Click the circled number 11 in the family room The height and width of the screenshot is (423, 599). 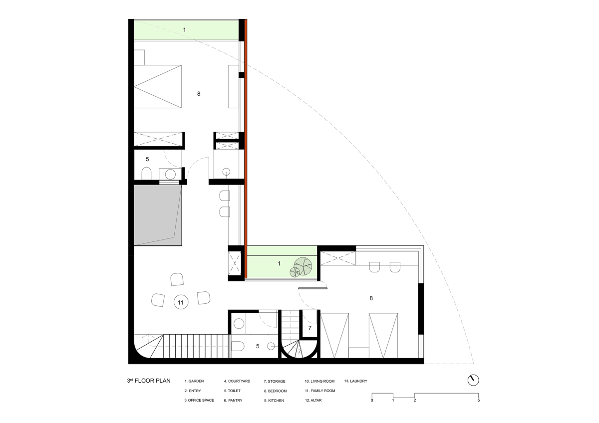tap(181, 302)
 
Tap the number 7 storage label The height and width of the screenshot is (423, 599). tap(309, 328)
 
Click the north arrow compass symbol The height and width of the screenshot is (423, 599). tap(473, 380)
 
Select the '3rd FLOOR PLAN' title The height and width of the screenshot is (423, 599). tap(149, 381)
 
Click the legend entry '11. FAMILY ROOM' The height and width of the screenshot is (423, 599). tap(320, 391)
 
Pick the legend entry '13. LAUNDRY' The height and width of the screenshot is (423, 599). tap(355, 381)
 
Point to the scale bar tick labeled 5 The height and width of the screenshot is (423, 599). tap(478, 400)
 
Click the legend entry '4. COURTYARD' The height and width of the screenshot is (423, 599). tap(237, 381)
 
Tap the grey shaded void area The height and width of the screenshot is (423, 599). tap(158, 215)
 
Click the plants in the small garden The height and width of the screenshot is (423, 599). tap(301, 267)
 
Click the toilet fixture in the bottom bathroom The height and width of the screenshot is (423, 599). tap(238, 346)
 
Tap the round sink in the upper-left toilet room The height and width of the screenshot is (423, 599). tap(170, 175)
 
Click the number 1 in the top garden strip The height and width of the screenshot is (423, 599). tap(184, 29)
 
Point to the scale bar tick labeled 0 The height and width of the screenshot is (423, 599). tap(372, 400)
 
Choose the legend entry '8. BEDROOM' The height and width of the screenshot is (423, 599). tap(275, 391)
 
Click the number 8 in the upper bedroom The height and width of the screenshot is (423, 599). tap(199, 93)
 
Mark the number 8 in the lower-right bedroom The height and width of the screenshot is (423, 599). tap(371, 298)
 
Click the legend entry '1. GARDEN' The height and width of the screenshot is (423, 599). tap(194, 381)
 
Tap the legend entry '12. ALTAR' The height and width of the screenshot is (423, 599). tap(313, 400)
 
